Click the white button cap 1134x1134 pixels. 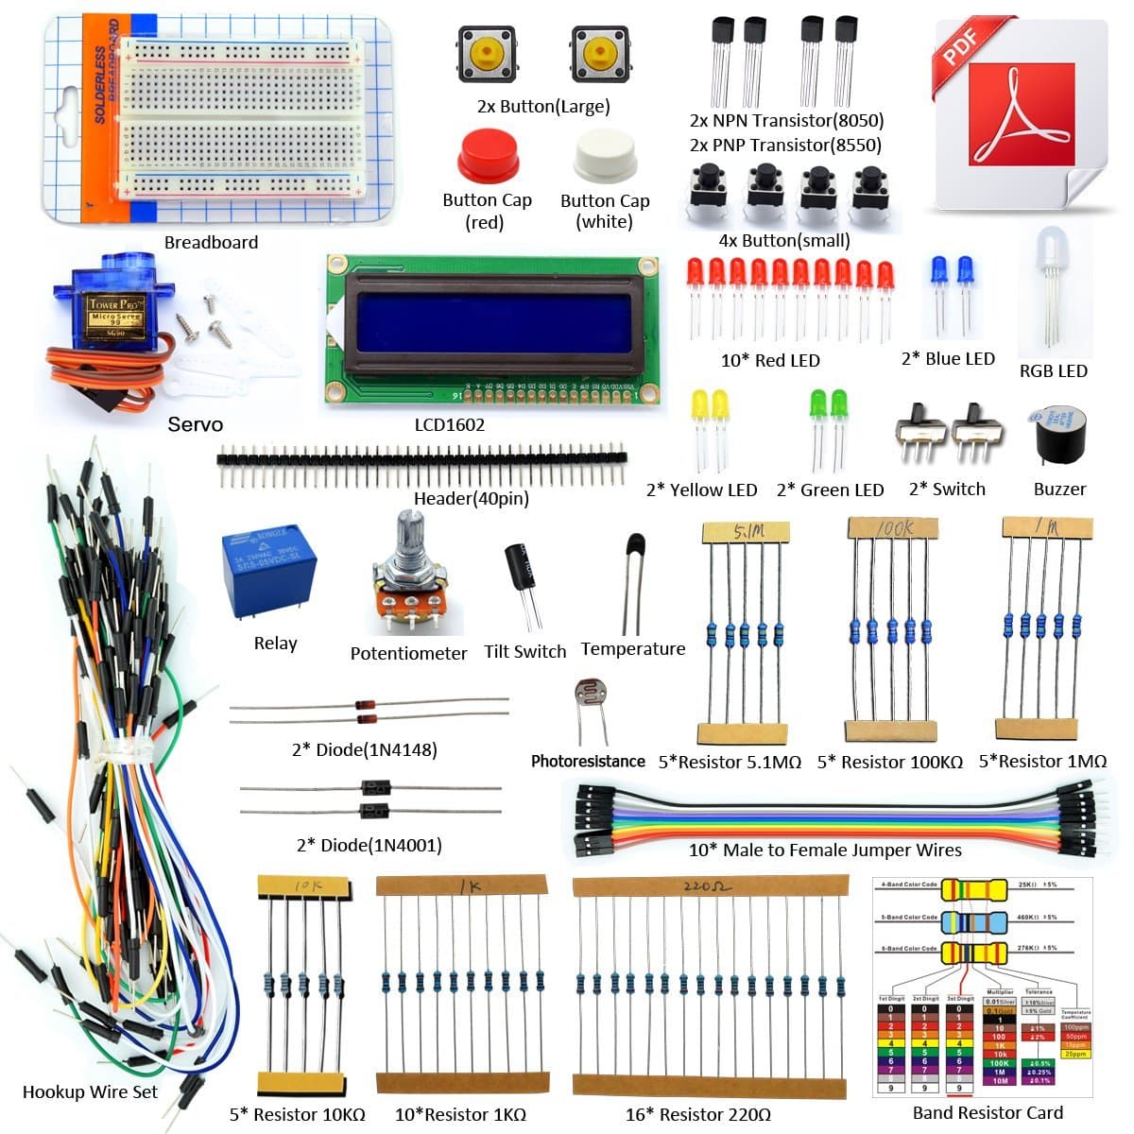tap(605, 157)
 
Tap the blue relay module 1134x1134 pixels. tap(268, 575)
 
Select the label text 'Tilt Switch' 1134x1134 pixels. tap(524, 651)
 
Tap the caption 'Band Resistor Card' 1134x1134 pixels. tap(988, 1112)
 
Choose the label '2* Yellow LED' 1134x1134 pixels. tap(701, 490)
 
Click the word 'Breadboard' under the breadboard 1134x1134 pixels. tap(211, 242)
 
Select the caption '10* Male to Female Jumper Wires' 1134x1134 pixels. tap(824, 850)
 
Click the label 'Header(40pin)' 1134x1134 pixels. tap(471, 498)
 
